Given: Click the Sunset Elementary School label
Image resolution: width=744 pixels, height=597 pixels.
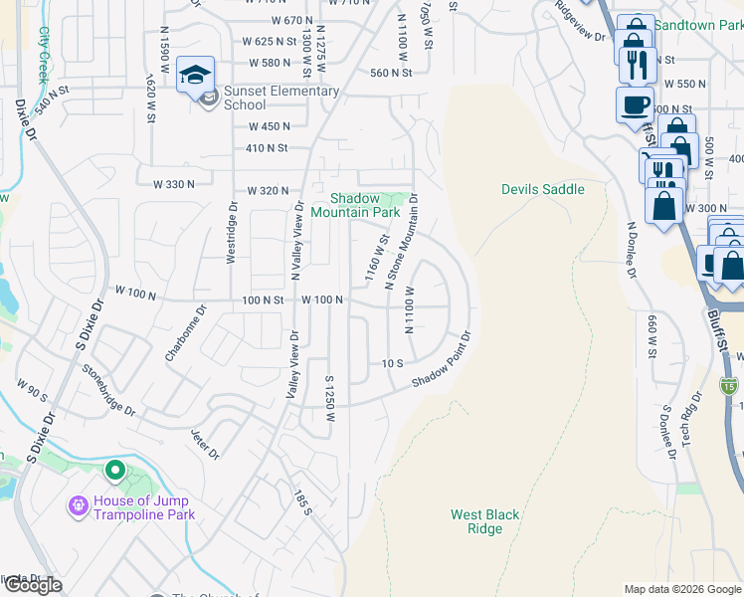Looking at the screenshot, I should tap(281, 98).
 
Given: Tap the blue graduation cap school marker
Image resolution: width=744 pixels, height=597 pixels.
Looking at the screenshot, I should tap(196, 74).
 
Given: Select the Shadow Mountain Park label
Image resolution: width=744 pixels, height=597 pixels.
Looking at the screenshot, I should tap(354, 204).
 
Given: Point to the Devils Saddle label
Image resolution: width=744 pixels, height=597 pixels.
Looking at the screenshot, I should tap(542, 189).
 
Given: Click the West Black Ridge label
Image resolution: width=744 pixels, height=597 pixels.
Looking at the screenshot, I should tap(484, 521).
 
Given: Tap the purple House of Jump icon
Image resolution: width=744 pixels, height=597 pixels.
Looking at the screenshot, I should tap(79, 506).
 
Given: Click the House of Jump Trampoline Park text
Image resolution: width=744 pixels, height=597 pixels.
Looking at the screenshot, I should tap(143, 507).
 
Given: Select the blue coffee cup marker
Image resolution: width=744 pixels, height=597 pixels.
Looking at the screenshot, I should tap(635, 103).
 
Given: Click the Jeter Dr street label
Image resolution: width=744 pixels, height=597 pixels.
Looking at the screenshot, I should tap(205, 445).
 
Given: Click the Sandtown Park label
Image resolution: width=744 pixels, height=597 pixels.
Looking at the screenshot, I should tap(696, 22).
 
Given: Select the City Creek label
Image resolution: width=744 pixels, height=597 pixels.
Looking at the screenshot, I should tap(43, 54).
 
